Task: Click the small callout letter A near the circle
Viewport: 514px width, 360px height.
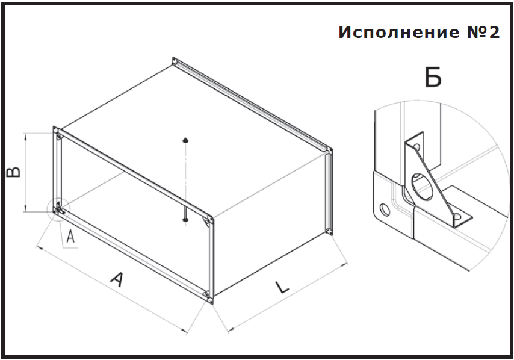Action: pos(70,237)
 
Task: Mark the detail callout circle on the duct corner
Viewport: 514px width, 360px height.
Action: pos(58,209)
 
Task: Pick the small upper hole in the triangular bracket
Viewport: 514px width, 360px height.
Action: pos(416,146)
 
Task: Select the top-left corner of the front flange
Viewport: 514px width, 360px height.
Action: pos(55,129)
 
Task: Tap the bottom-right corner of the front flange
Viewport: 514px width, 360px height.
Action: pos(208,299)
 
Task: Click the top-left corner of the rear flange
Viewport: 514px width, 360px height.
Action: pos(175,60)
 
